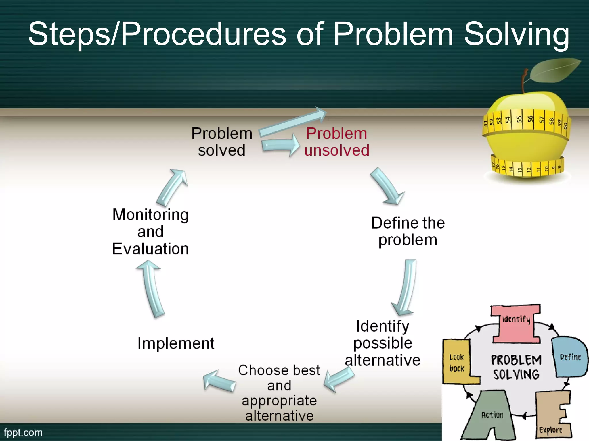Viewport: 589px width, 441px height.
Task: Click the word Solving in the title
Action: [x=516, y=34]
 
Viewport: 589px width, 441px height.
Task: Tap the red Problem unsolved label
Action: [x=336, y=142]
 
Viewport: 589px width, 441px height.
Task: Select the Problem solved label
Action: [x=221, y=142]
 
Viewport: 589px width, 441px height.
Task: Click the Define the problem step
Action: [x=408, y=231]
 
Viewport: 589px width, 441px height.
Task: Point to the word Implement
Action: [x=176, y=343]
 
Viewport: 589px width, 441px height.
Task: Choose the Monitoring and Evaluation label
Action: [x=150, y=231]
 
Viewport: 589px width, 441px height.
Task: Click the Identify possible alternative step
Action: [x=383, y=343]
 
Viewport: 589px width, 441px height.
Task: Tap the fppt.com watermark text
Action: [x=23, y=432]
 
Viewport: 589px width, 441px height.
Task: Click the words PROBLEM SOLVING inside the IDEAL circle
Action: [x=516, y=367]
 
